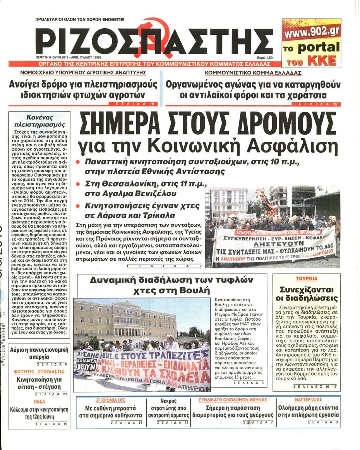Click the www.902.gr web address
pos(311,32)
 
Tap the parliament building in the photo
pos(124,318)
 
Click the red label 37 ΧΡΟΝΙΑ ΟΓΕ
pos(110,399)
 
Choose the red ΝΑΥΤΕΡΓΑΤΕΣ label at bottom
pos(308,399)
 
